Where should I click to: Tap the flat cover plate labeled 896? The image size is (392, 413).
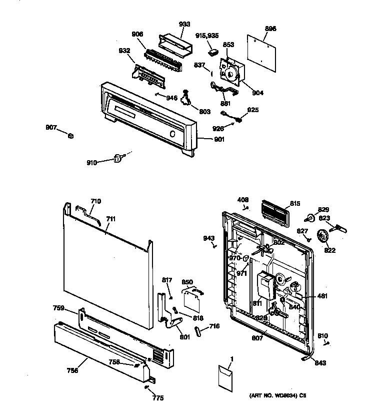(262, 51)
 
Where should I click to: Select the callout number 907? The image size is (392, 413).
(51, 128)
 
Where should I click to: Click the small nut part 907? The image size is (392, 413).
(71, 137)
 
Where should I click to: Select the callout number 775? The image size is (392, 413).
(158, 398)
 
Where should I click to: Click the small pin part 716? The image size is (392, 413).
(198, 332)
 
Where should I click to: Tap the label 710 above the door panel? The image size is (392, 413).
(95, 201)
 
